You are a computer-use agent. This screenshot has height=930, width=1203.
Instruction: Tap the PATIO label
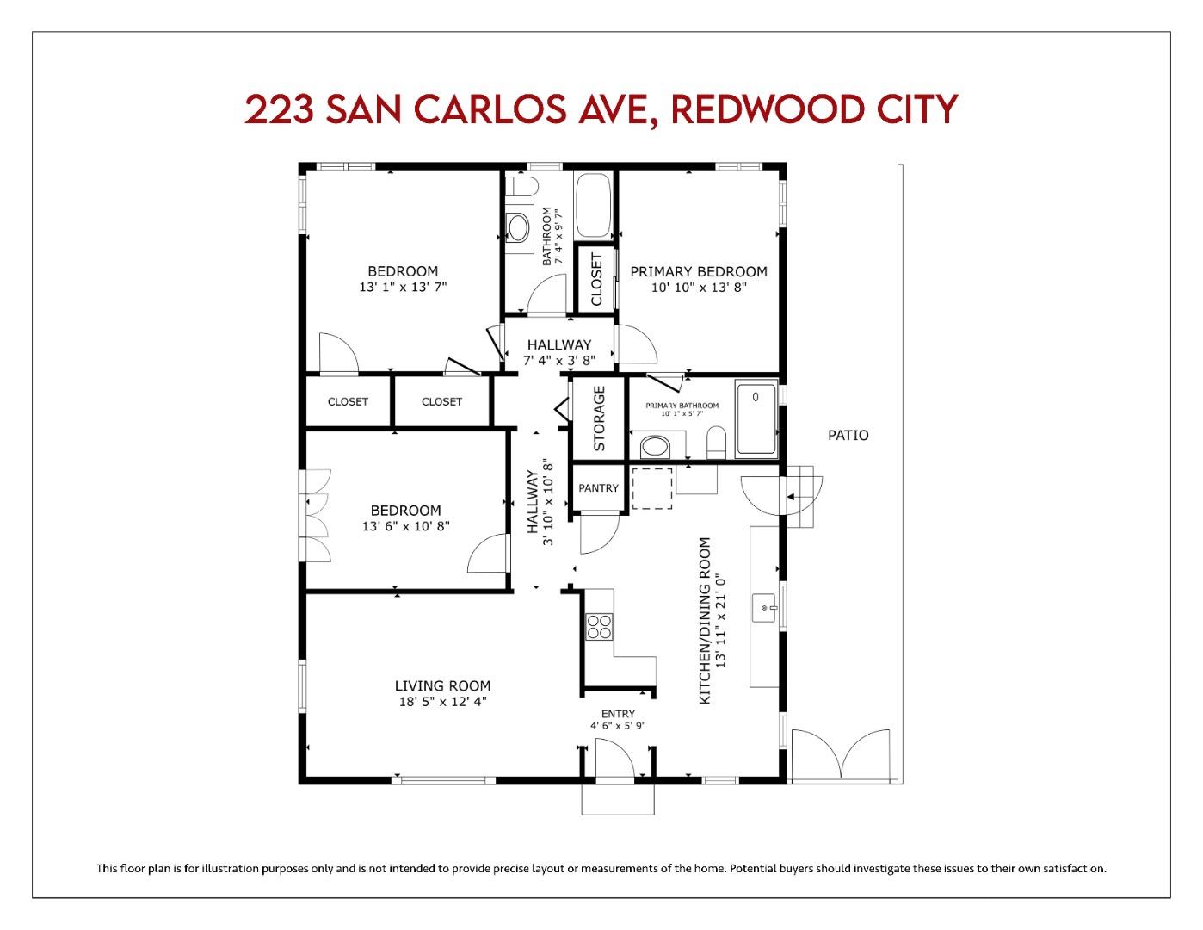click(x=848, y=435)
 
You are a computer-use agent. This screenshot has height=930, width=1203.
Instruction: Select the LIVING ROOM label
click(x=442, y=685)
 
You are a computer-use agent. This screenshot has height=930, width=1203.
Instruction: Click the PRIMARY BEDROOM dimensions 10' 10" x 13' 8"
click(x=698, y=288)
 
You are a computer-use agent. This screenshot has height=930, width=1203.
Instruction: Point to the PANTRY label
click(x=598, y=488)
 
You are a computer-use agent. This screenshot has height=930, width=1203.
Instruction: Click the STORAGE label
click(x=599, y=418)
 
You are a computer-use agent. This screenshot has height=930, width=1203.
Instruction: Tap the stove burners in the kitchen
click(x=598, y=625)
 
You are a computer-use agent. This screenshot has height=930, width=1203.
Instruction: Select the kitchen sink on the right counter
click(x=764, y=607)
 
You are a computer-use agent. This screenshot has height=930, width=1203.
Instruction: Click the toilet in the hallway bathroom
click(x=521, y=186)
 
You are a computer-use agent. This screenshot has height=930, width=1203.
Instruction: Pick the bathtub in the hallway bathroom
click(x=593, y=205)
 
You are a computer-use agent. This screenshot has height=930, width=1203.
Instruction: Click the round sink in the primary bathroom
click(x=657, y=448)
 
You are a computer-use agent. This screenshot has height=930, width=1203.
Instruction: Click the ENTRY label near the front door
click(x=618, y=714)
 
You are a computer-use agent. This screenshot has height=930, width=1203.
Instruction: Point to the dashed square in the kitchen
click(x=651, y=488)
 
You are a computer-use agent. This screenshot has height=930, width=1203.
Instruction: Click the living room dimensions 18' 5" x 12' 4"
click(x=442, y=701)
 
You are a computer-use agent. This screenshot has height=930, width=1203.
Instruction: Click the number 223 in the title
click(x=277, y=109)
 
